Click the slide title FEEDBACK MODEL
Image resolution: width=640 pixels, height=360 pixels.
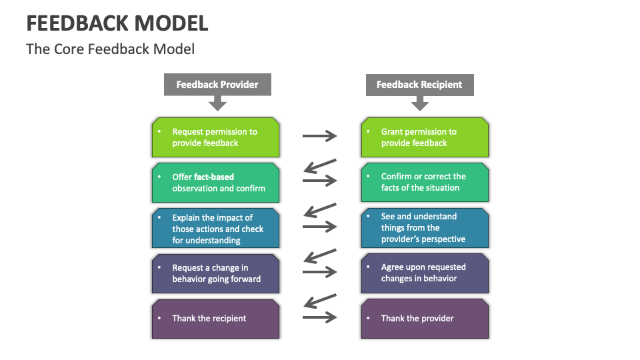(117, 23)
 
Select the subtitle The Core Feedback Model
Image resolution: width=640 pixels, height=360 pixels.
(110, 49)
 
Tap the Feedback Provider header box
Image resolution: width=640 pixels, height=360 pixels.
(217, 85)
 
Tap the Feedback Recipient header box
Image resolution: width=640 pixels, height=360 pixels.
(419, 85)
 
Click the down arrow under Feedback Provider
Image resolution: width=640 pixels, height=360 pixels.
(217, 103)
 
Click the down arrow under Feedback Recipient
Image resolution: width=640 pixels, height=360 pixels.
(419, 103)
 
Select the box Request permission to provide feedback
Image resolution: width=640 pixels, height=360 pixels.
(215, 137)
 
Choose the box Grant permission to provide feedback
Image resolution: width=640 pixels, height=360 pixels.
(425, 137)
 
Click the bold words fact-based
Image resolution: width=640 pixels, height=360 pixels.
(214, 177)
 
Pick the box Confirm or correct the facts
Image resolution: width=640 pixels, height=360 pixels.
(425, 182)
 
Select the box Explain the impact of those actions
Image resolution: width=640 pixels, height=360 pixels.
(215, 229)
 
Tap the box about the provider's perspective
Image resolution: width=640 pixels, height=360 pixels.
(425, 228)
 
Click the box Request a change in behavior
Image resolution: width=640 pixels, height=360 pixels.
(215, 273)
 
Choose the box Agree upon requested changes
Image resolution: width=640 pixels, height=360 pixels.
(425, 273)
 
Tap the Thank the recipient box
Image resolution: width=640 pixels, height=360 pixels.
(215, 319)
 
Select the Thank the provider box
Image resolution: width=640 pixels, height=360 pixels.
(425, 319)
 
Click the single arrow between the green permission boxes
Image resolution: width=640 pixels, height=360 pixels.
(320, 137)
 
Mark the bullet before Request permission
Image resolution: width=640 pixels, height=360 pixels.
(159, 132)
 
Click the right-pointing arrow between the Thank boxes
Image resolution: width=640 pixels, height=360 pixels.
(321, 318)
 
